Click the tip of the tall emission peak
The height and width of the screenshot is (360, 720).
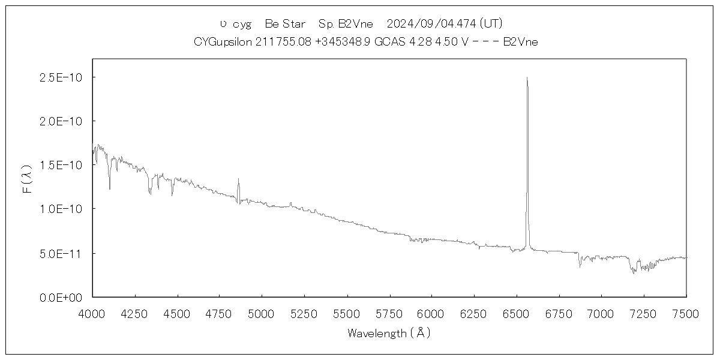(x=527, y=77)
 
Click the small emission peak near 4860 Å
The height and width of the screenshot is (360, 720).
(x=238, y=179)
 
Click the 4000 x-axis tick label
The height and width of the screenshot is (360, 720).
(x=92, y=313)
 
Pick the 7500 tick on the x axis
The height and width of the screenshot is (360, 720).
(x=686, y=313)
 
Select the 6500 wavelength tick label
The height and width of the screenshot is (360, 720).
(x=517, y=313)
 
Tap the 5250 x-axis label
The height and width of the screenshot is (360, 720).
(x=304, y=313)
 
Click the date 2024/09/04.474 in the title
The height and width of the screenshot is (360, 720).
(x=432, y=24)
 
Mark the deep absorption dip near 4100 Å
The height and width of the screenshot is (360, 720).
(x=110, y=188)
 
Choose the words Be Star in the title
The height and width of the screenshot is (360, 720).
(x=285, y=24)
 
